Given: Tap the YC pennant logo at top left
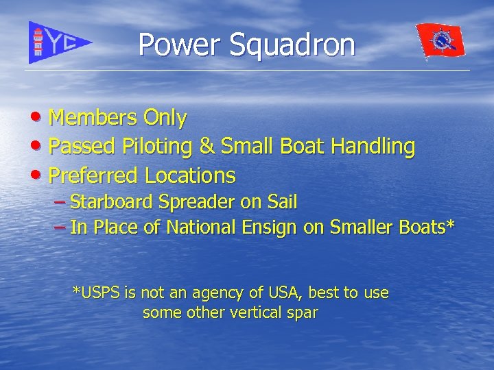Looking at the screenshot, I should pyautogui.click(x=58, y=42).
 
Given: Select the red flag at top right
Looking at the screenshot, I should pyautogui.click(x=440, y=42).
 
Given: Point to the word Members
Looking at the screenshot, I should pyautogui.click(x=93, y=118).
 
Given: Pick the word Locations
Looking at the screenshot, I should pyautogui.click(x=190, y=175).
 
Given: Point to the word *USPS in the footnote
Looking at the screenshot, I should pyautogui.click(x=96, y=293).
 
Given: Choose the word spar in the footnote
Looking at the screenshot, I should pyautogui.click(x=305, y=313).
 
